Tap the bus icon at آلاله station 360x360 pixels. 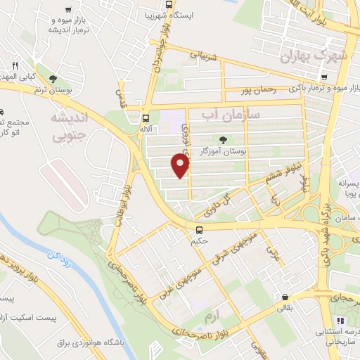146,119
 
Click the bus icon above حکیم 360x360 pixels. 200,229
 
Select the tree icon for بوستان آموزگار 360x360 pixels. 224,140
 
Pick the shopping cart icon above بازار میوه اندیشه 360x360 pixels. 67,10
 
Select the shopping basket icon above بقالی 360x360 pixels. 285,297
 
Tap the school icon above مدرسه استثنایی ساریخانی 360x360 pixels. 330,345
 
